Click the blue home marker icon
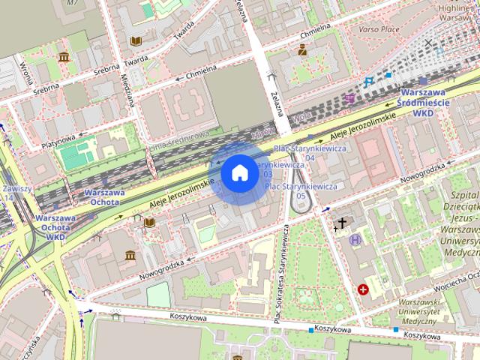click(239, 173)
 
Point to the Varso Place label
click(379, 30)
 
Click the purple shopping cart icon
click(350, 98)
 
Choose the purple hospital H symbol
click(355, 239)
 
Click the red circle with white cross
click(364, 289)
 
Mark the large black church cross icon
click(343, 223)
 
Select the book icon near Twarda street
click(136, 41)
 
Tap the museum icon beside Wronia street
click(64, 57)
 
